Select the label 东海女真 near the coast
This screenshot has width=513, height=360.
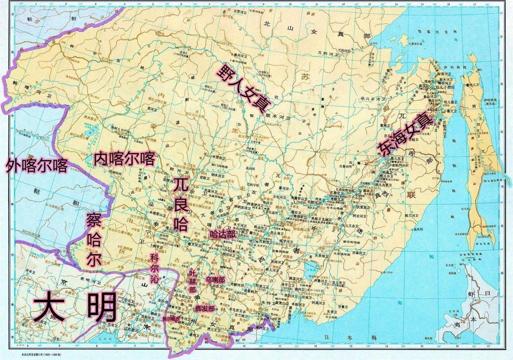click(404, 135)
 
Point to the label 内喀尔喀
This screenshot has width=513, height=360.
click(124, 159)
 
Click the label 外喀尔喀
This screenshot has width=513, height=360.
click(37, 166)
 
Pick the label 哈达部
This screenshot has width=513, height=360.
click(222, 235)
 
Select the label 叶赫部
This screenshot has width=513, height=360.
click(192, 281)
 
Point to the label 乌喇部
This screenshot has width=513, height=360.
click(215, 280)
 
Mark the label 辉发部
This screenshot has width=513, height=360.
click(205, 309)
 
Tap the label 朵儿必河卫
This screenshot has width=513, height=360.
click(371, 99)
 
